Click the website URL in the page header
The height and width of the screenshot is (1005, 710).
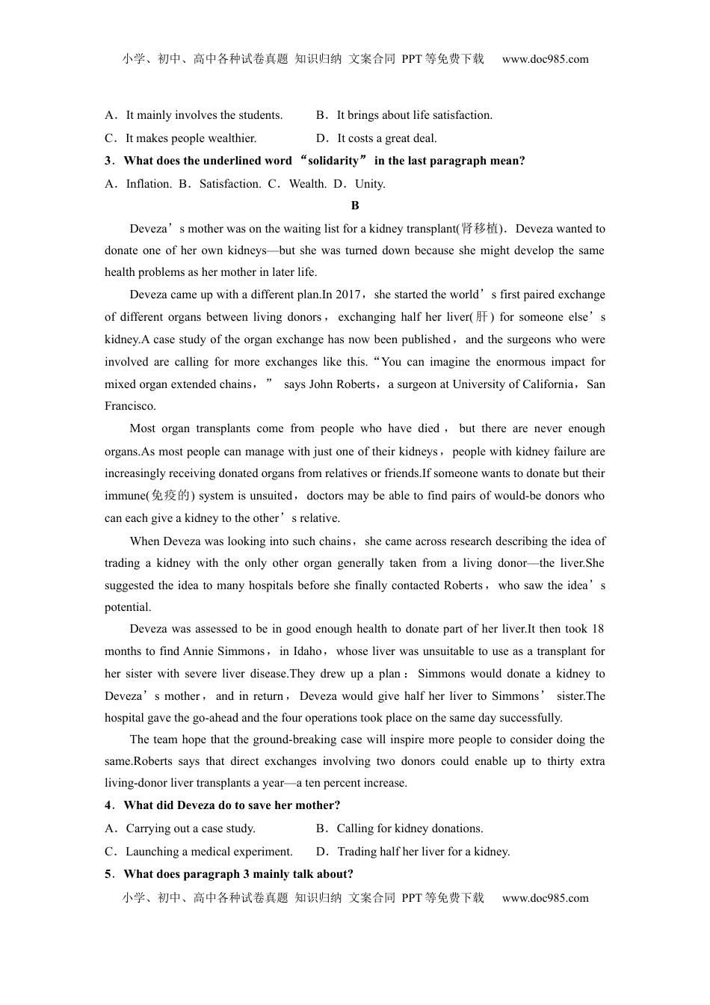coord(545,59)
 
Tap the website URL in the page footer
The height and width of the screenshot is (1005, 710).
coord(545,898)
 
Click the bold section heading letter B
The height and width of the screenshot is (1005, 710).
coord(355,206)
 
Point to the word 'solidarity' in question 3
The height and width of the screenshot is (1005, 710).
coord(334,161)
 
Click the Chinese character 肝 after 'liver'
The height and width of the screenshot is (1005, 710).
coord(481,317)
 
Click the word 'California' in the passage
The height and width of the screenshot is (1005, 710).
coord(549,384)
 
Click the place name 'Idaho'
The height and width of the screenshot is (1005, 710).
coord(307,651)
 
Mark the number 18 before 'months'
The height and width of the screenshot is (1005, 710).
coord(597,629)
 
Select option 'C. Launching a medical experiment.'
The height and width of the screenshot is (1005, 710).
coord(199,852)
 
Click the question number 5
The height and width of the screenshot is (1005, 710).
coord(108,874)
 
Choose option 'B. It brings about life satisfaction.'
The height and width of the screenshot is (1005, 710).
coord(404,115)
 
